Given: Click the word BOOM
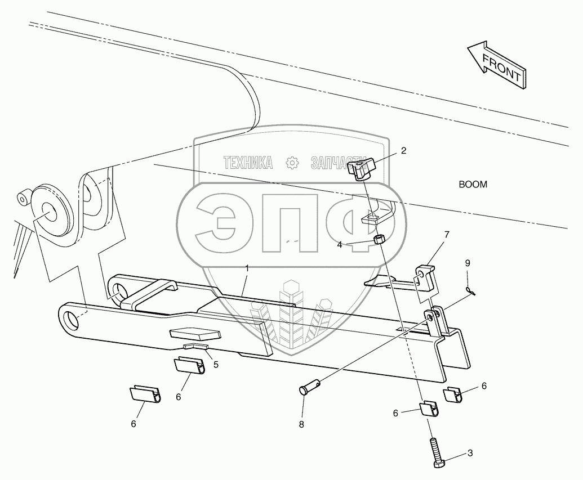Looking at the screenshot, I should [473, 184].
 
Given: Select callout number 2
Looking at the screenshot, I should [403, 150].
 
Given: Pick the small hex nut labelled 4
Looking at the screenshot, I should [379, 240].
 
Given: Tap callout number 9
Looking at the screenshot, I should [468, 263].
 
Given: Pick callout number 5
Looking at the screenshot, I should [216, 365].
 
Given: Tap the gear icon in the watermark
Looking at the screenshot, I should [292, 163].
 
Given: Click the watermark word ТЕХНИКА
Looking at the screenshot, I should [248, 163].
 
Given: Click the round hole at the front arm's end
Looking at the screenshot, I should [72, 318].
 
